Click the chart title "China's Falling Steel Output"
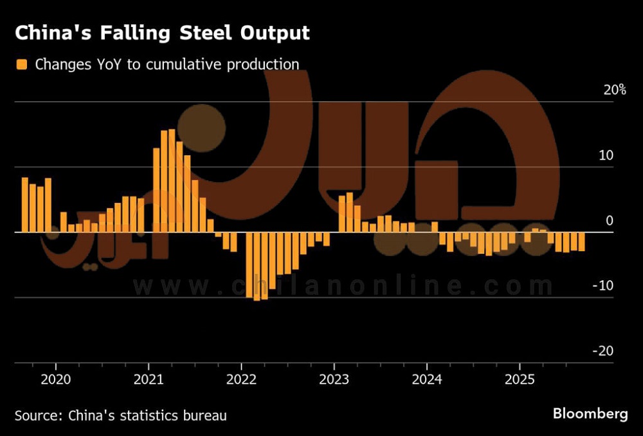(x=162, y=33)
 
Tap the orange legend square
(x=22, y=64)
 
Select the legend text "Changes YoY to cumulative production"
(x=167, y=64)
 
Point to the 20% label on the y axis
(x=615, y=90)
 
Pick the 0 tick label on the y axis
(x=610, y=221)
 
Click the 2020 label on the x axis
(x=56, y=379)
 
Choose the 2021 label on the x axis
(x=149, y=379)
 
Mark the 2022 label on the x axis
(x=242, y=379)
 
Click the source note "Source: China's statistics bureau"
(x=121, y=415)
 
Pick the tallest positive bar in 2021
(x=172, y=180)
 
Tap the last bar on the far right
(x=581, y=242)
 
